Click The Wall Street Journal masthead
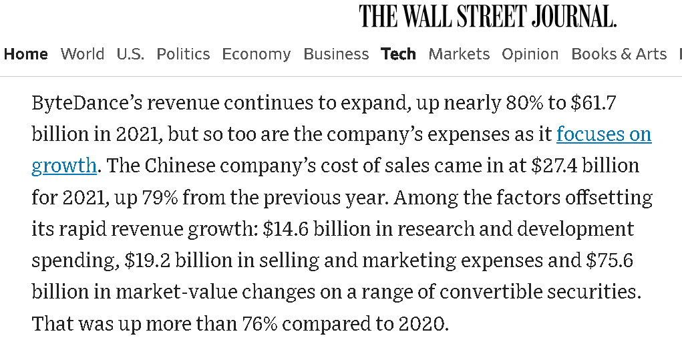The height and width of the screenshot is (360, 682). tap(488, 16)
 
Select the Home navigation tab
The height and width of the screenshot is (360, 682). tap(26, 54)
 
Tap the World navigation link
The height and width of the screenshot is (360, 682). tap(82, 54)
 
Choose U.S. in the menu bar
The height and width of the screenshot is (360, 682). tap(130, 54)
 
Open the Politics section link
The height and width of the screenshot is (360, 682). tap(183, 54)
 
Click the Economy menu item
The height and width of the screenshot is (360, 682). tap(256, 54)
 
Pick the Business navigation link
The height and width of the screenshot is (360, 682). tap(336, 54)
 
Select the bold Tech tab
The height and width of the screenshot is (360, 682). tap(398, 54)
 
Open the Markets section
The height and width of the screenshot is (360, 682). tap(459, 54)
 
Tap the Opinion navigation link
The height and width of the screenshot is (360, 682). tap(530, 54)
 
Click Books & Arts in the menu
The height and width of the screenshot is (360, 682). tap(619, 54)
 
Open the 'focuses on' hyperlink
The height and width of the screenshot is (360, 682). tap(604, 134)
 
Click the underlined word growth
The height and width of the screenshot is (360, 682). tap(64, 165)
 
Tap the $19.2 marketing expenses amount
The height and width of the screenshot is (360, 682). tap(147, 260)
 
